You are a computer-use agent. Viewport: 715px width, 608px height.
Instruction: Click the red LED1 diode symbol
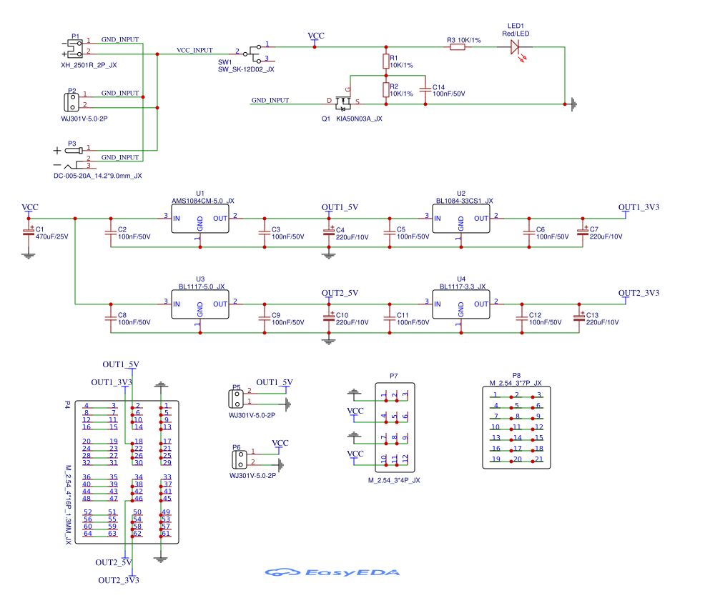(x=516, y=47)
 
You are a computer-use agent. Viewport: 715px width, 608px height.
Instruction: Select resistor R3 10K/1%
(x=457, y=47)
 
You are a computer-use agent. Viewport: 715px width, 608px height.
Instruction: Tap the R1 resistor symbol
(x=386, y=60)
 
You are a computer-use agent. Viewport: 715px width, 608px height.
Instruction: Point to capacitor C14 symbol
(x=426, y=89)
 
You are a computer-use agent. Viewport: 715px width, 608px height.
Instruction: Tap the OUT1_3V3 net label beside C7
(x=638, y=207)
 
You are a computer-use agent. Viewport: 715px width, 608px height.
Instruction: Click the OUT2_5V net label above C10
(x=340, y=293)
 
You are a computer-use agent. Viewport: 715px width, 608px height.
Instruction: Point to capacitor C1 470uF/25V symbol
(x=29, y=232)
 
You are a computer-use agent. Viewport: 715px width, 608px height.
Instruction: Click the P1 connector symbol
(x=74, y=48)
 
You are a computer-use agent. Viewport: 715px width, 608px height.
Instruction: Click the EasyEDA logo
(x=332, y=572)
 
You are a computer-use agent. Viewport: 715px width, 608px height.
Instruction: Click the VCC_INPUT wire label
(x=194, y=50)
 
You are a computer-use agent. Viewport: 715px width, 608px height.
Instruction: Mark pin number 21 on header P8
(x=539, y=459)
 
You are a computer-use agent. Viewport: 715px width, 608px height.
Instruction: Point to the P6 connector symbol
(x=237, y=457)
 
